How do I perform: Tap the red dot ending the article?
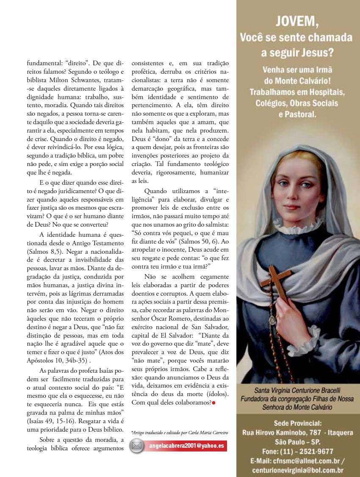point(213,402)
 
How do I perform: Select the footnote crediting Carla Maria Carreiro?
point(180,433)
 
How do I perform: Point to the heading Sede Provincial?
point(297,423)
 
